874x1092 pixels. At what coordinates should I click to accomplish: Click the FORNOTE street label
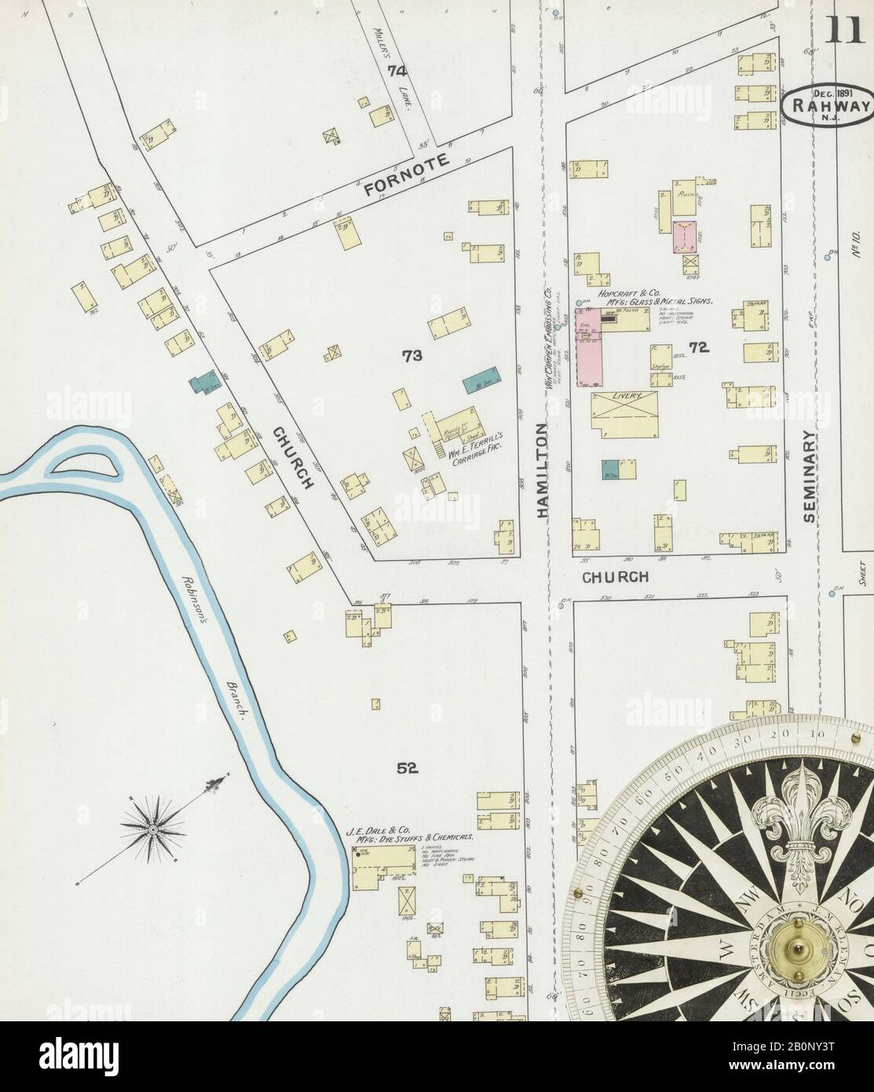coord(406,178)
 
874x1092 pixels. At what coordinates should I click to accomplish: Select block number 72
coord(699,346)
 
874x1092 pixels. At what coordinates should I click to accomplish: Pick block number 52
coord(406,769)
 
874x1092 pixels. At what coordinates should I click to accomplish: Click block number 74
coord(397,71)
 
